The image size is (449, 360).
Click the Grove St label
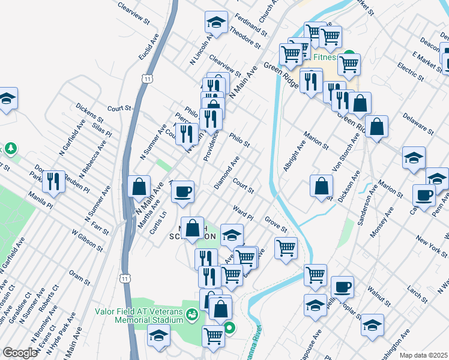click(277, 226)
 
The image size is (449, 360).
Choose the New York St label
click(414, 245)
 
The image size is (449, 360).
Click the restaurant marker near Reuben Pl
click(54, 181)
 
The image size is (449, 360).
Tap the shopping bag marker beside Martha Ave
click(139, 187)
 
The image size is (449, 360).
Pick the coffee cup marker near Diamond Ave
click(182, 193)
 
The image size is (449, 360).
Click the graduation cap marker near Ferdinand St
click(216, 23)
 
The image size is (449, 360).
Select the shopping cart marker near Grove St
click(286, 247)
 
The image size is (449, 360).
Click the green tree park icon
click(10, 148)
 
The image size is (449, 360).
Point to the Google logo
click(20, 353)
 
